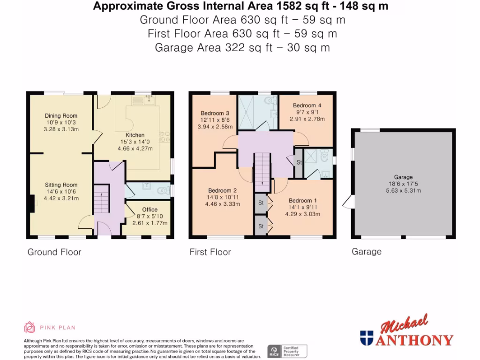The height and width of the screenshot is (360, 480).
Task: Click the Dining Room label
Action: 61,116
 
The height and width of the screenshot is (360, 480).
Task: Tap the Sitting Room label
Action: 61,185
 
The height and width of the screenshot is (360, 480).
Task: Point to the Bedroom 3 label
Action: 215,113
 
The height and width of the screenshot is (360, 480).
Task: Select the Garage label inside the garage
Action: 403,177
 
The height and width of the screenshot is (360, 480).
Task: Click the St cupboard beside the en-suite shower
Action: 298,163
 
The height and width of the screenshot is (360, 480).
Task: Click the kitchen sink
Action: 150,99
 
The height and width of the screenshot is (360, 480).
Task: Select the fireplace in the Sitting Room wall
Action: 31,204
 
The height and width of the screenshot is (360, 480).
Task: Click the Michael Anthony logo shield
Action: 366,337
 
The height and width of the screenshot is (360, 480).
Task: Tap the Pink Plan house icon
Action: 30,327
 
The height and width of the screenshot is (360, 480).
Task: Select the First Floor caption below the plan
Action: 210,252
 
